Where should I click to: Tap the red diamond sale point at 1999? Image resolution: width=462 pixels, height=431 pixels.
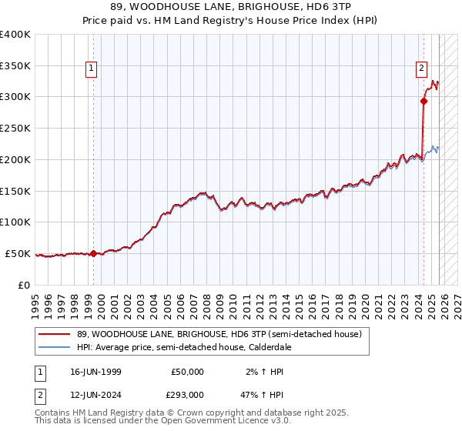click(94, 253)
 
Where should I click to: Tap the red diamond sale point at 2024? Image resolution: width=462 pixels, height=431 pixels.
click(423, 100)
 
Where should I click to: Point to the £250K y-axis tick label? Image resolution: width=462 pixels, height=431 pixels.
click(15, 128)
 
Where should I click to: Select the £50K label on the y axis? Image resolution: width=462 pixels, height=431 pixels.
click(18, 253)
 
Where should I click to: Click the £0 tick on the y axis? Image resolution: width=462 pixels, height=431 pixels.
click(23, 285)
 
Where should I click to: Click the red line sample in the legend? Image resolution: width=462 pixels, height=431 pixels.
click(55, 334)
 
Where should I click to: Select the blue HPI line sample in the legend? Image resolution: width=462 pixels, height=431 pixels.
click(55, 347)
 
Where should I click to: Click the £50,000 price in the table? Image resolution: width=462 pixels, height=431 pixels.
click(187, 372)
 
